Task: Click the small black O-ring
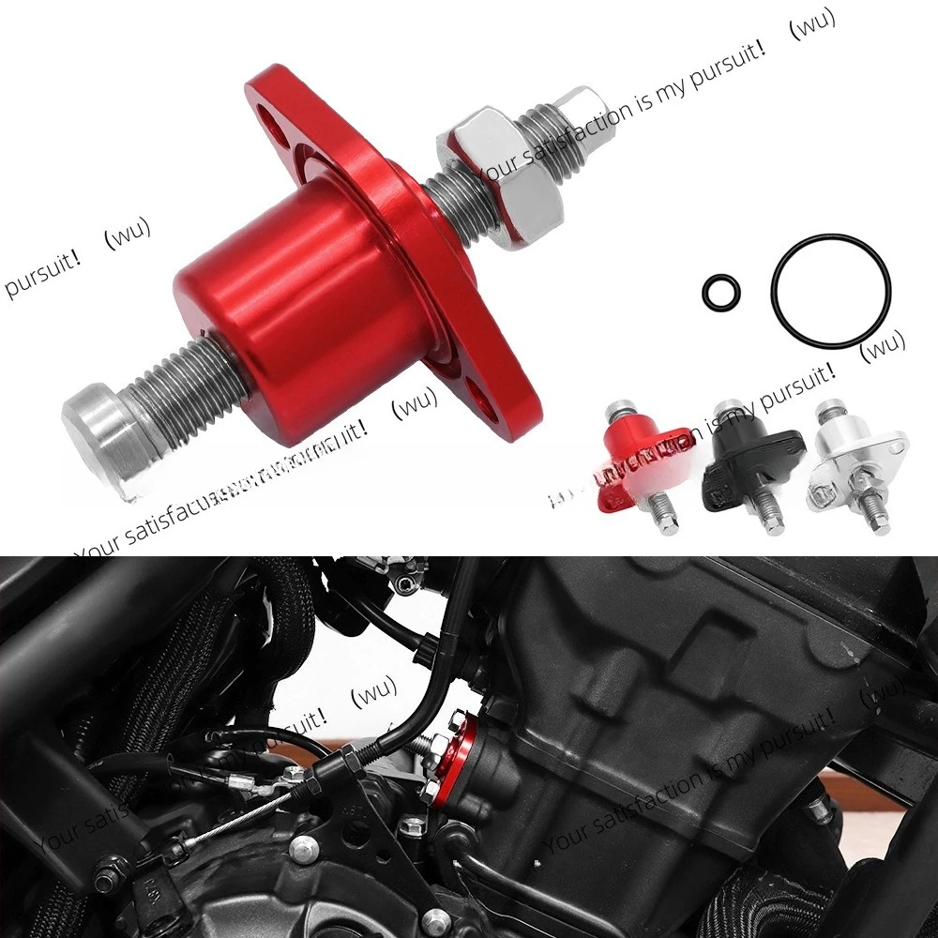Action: coord(719,292)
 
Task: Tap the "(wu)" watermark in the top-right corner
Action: coord(811,25)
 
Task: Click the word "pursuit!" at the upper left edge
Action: coord(42,276)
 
